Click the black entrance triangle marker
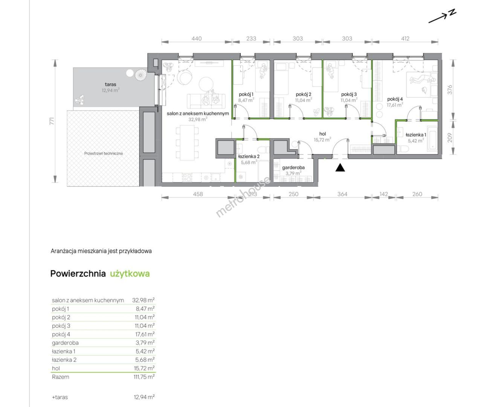[340, 168]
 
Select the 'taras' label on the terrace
[110, 84]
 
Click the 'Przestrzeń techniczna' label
[104, 153]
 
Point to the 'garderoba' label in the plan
[293, 167]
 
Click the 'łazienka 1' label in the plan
[416, 135]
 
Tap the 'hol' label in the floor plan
[322, 134]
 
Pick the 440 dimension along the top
[197, 38]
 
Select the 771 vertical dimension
[52, 121]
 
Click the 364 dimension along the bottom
[342, 194]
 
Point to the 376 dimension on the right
[450, 90]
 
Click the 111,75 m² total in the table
[144, 377]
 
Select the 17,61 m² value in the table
[145, 334]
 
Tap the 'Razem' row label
[61, 377]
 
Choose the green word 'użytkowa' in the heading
[130, 274]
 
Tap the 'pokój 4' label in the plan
[395, 99]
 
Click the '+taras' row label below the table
[60, 397]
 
